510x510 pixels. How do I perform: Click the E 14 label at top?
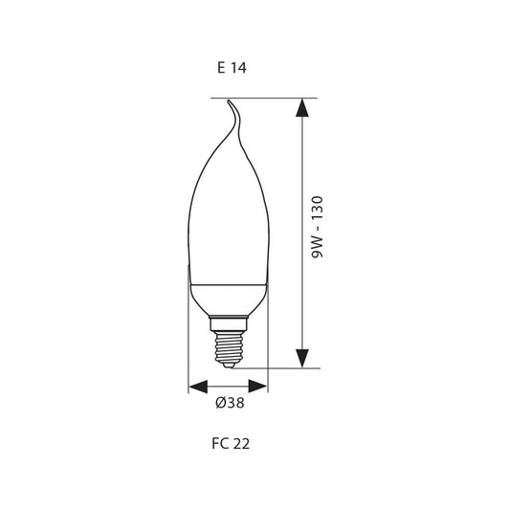[x=232, y=68]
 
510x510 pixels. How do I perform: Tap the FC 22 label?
[x=231, y=444]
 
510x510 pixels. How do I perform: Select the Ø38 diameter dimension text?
[x=230, y=403]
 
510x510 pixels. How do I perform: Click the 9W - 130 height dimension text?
[x=317, y=227]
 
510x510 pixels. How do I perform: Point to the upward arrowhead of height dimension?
[x=302, y=108]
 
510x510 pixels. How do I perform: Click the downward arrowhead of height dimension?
[x=302, y=359]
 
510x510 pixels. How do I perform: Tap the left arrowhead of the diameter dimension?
[x=198, y=386]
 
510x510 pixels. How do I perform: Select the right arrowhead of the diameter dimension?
[x=258, y=386]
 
